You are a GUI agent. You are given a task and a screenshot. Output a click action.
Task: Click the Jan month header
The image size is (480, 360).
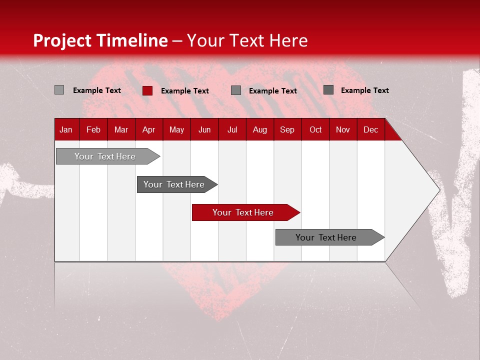[x=66, y=129]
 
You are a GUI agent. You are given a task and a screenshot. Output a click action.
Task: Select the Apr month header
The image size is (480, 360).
[x=149, y=129]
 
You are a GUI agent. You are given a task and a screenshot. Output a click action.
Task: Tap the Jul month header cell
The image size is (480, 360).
[x=232, y=129]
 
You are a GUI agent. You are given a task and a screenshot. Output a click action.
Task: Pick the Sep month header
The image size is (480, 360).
[x=287, y=129]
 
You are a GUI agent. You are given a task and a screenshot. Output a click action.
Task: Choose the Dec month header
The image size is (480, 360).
[x=370, y=129]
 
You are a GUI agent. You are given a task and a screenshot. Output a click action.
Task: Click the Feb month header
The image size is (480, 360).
[x=93, y=129]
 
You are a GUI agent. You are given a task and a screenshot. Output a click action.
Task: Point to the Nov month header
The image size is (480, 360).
[x=343, y=129]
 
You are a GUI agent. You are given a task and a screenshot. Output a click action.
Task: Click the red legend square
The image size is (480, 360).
[x=147, y=90]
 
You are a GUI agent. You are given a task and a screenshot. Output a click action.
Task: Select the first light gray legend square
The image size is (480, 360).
[x=59, y=90]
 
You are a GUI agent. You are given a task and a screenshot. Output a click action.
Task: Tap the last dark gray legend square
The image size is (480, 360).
[x=328, y=90]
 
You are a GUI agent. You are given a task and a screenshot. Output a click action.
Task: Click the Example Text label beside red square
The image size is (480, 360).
[x=184, y=91]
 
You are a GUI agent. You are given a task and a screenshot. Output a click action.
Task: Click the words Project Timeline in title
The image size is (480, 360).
[x=100, y=40]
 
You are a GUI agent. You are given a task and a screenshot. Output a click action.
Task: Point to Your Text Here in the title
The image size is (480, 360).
[x=247, y=40]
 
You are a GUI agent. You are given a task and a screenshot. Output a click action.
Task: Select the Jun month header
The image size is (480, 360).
[x=204, y=129]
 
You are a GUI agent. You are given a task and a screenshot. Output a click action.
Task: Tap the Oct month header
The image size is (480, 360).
[x=315, y=129]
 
